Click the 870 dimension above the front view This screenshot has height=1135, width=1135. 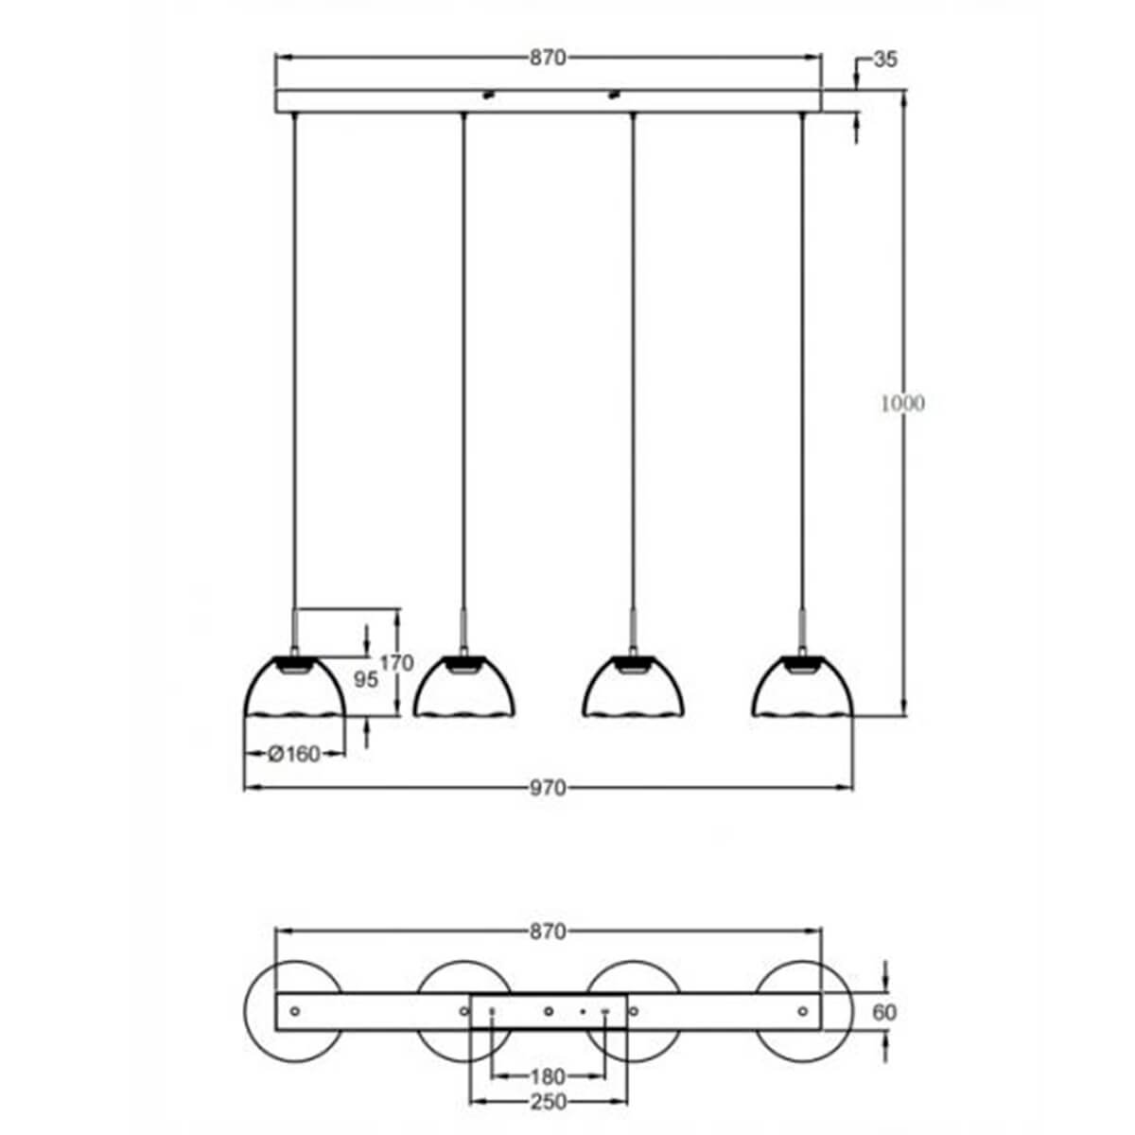(x=547, y=59)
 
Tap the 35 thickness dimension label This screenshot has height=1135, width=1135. (x=883, y=60)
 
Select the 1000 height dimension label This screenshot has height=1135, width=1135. (x=902, y=403)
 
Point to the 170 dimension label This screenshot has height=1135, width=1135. (x=396, y=663)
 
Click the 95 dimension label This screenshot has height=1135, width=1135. (x=364, y=679)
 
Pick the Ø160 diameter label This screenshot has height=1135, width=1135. (x=294, y=754)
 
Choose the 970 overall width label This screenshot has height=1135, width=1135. (x=548, y=787)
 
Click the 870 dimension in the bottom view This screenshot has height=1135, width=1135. (x=547, y=932)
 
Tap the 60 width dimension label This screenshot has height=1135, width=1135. (x=884, y=1012)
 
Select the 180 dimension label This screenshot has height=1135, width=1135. (x=548, y=1076)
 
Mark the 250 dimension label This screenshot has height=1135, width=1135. (x=548, y=1102)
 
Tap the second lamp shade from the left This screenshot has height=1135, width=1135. (x=464, y=688)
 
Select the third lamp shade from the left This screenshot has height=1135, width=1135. (x=633, y=688)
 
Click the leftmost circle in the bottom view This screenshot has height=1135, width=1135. (x=260, y=1011)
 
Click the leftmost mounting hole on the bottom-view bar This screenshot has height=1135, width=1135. (x=294, y=1011)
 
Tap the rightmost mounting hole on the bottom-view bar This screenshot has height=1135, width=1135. (x=802, y=1011)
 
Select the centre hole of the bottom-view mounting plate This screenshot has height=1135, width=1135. (x=549, y=1011)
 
